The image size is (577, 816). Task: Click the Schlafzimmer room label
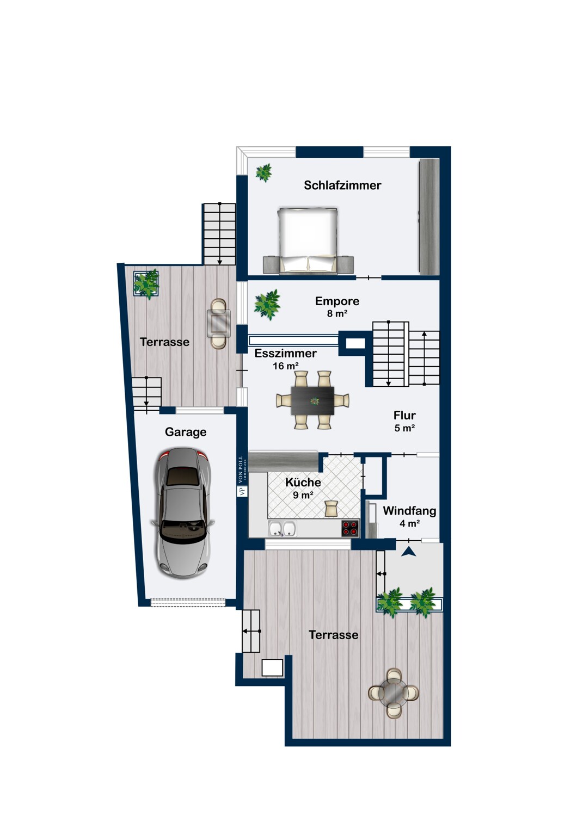pos(342,185)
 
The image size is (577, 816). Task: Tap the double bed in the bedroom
pos(307,240)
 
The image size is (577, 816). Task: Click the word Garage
pos(186,432)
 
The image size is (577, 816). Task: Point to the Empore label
pos(337,301)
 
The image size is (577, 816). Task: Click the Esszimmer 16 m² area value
pos(286,366)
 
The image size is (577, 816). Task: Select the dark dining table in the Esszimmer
pos(313,401)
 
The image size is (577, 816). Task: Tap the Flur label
pos(404,415)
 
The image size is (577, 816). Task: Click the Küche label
pos(303,483)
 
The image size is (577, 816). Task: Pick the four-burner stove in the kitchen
pos(350,528)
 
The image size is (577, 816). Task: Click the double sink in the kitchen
pos(282,528)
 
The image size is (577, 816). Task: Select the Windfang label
pos(409,511)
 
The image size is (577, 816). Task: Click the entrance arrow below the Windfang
pos(409,552)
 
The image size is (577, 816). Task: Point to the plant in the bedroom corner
pos(263,172)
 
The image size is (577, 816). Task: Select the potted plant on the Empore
pos(267,305)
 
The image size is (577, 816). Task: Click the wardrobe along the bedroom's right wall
pos(429,216)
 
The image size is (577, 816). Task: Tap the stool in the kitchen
pos(332,508)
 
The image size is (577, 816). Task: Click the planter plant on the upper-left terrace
pos(146,284)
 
